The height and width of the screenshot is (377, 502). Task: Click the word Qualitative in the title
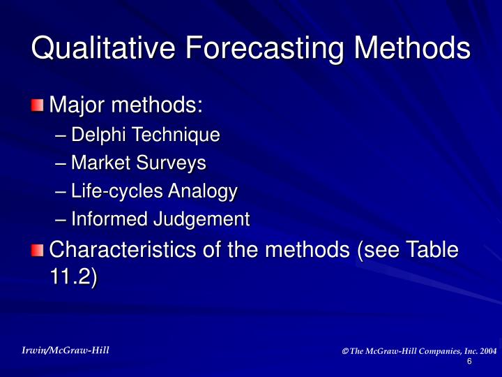point(98,49)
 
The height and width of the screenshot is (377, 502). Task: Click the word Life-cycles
point(112,191)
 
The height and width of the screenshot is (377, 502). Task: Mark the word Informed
point(105,219)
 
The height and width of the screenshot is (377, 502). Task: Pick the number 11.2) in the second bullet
point(74,276)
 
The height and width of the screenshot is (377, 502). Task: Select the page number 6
point(469,361)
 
